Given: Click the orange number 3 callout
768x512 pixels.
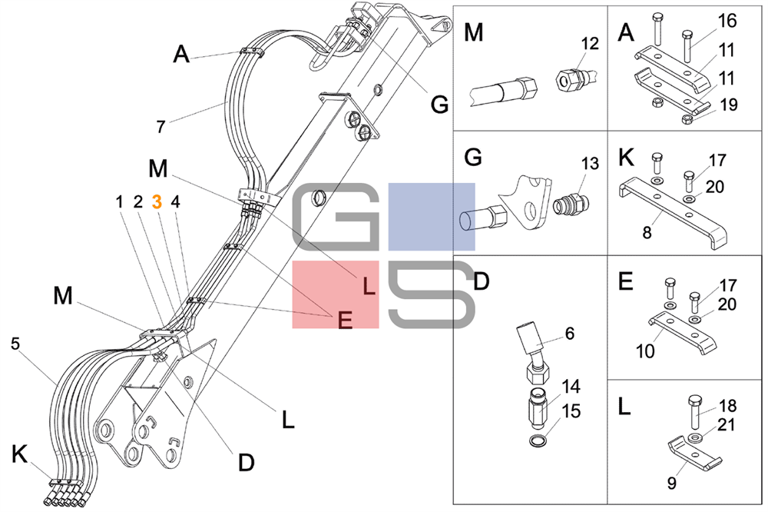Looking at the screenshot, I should point(157,201).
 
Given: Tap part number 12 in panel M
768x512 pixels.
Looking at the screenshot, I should point(589,44).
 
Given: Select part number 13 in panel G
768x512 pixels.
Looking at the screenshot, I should point(589,163).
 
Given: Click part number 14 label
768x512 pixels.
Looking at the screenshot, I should point(570,385).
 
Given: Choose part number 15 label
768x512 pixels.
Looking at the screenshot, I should point(570,411).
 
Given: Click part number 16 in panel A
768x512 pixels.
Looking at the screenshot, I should point(727,21).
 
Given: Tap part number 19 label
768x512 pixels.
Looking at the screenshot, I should point(729,105).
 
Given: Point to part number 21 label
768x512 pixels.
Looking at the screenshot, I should point(727,425).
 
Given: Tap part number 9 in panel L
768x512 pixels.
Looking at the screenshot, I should point(671,484).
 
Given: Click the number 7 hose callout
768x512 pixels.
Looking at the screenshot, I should point(161,126).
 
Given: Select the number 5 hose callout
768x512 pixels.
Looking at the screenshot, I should point(15,344).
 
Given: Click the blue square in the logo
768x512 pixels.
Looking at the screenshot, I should point(431,217).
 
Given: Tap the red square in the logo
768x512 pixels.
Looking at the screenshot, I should point(335,294).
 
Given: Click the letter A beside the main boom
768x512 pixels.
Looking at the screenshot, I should point(181,54).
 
